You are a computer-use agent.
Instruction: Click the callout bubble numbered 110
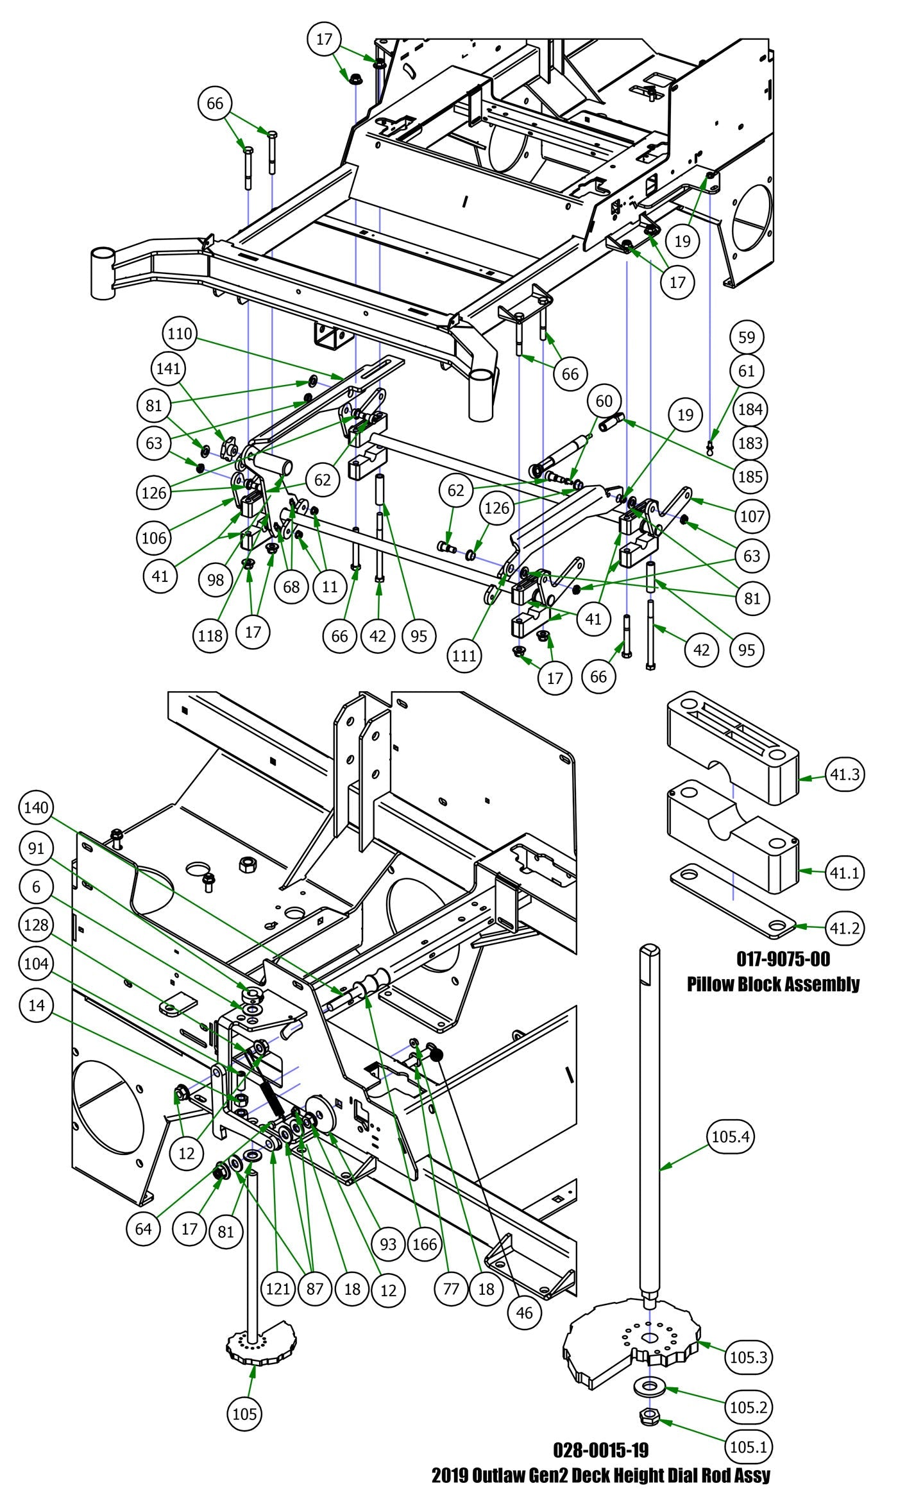(180, 334)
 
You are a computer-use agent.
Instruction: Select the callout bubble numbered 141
(169, 368)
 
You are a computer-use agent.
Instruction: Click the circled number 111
(464, 654)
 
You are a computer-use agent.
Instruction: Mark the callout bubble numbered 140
(37, 807)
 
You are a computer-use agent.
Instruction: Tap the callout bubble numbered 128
(37, 925)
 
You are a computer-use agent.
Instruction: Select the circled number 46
(524, 1312)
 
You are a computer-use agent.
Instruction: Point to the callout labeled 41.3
(844, 774)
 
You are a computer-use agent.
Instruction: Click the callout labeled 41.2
(844, 928)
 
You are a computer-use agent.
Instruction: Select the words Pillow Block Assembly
(773, 984)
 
